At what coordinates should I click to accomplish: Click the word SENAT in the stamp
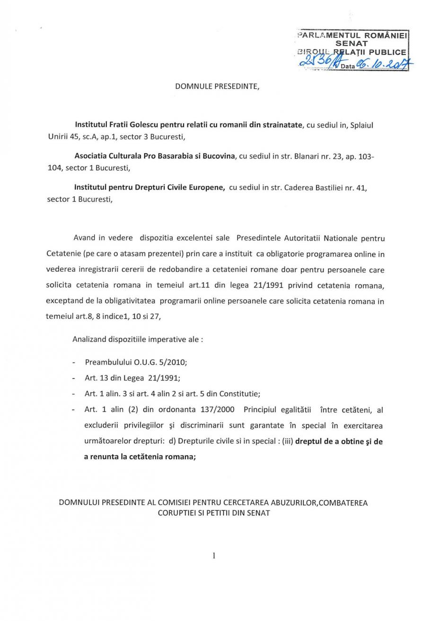pyautogui.click(x=351, y=43)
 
